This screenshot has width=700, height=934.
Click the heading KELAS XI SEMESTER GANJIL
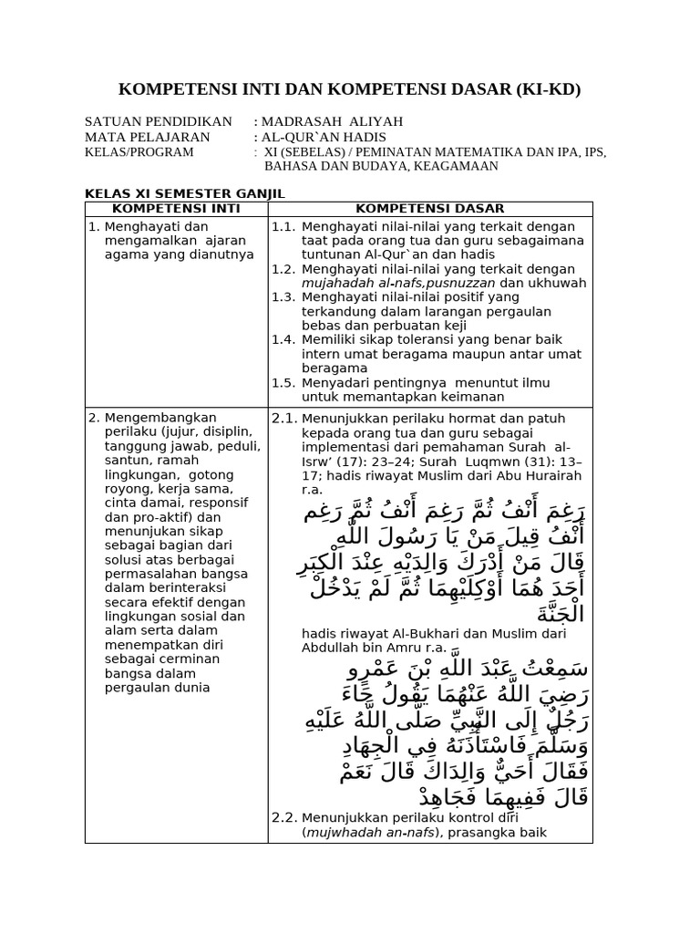[x=185, y=194]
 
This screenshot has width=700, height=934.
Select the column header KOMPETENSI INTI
[x=175, y=209]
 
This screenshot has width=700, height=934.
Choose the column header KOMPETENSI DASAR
[x=429, y=209]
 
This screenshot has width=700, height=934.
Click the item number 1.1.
[x=283, y=226]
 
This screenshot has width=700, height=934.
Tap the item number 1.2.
[x=283, y=269]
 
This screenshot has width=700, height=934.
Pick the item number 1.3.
[x=283, y=297]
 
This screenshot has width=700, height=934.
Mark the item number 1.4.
[x=283, y=339]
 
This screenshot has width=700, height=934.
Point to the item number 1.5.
[x=283, y=382]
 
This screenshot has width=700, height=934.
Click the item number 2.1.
[x=284, y=418]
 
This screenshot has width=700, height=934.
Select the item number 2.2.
[x=284, y=818]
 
